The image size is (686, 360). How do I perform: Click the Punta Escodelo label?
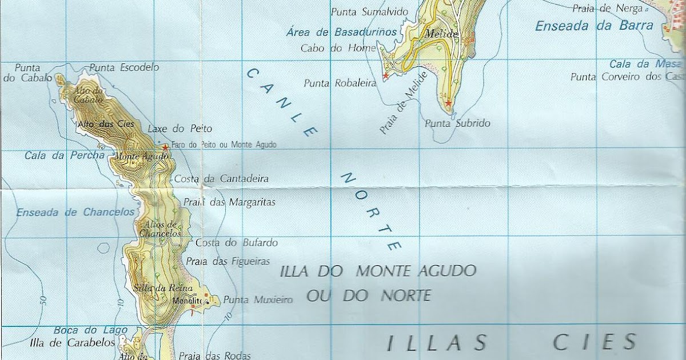(x=124, y=67)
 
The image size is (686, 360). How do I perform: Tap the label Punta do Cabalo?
(x=27, y=73)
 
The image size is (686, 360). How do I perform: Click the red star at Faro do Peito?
(x=165, y=147)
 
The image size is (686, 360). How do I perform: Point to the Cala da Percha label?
(x=65, y=155)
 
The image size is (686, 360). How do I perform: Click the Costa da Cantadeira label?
(x=221, y=179)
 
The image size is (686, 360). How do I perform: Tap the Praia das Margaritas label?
(x=229, y=202)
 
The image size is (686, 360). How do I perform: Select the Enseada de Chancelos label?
(x=75, y=213)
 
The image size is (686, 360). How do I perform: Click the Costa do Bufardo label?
(x=237, y=243)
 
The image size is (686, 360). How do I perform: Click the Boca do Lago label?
(x=81, y=330)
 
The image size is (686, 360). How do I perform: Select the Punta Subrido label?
(x=457, y=123)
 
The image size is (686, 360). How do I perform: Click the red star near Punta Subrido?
(x=449, y=103)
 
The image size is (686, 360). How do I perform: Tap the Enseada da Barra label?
(x=594, y=26)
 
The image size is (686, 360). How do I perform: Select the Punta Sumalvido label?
(x=369, y=11)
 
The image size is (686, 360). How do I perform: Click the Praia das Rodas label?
(x=214, y=355)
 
